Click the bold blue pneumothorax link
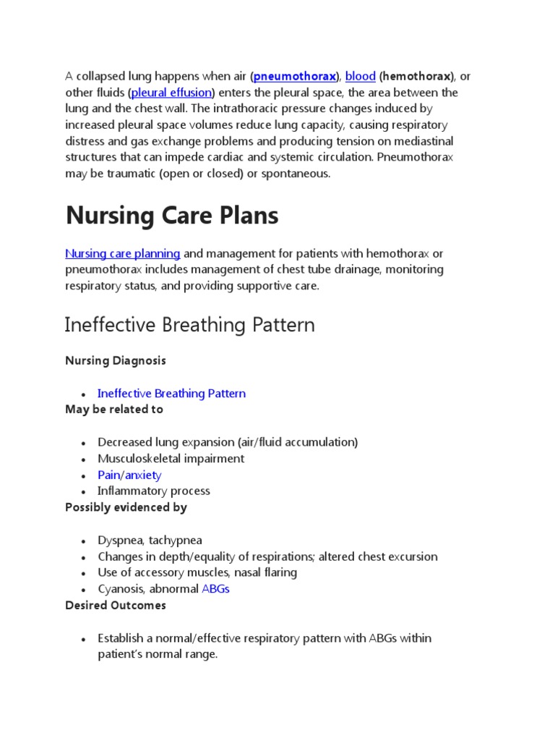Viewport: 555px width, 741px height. point(294,76)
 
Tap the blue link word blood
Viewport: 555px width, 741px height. point(360,76)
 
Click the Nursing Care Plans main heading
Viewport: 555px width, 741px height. point(171,216)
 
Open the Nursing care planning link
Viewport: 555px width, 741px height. point(123,253)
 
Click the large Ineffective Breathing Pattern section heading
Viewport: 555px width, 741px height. point(189,325)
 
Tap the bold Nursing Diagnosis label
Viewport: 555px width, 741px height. point(115,360)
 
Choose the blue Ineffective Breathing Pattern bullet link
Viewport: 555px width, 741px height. point(171,394)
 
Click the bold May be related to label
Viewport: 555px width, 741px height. point(113,410)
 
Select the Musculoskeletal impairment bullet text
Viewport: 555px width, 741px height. point(171,459)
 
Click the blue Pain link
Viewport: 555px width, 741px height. point(108,475)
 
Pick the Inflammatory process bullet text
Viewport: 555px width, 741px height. point(153,491)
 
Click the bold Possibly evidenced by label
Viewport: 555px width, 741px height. point(126,507)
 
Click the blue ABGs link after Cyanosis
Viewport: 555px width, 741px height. point(215,589)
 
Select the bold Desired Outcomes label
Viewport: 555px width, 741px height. point(115,605)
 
